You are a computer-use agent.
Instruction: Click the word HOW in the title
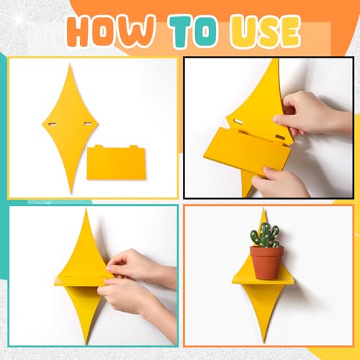coord(110,31)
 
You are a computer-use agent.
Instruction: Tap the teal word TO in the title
coord(194,31)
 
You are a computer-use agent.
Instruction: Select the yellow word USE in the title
coord(265,31)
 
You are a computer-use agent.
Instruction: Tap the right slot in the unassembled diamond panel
coord(87,124)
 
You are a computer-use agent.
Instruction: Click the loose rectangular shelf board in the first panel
coord(117,162)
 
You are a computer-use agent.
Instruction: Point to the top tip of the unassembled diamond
coord(70,63)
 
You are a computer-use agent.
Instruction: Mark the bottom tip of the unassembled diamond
coord(71,193)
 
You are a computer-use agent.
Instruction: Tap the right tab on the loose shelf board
coord(133,147)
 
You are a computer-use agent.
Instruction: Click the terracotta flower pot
coord(266,263)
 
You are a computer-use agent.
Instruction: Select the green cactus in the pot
coord(265,235)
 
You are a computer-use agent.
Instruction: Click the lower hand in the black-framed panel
coord(279,182)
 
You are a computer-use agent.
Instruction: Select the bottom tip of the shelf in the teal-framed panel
coord(87,343)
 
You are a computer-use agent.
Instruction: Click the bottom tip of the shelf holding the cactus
coord(264,341)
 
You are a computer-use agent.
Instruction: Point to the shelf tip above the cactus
coord(264,210)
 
